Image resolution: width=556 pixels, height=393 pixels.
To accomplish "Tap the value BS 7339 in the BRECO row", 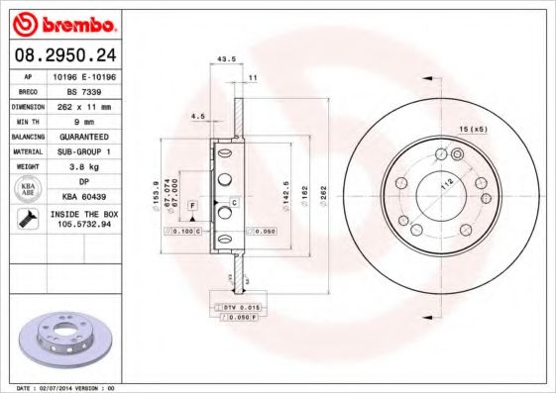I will pos(78,89).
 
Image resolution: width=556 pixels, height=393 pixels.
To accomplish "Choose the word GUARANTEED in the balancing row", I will pos(78,135).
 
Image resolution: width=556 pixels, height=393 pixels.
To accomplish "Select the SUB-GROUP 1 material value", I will pos(78,150).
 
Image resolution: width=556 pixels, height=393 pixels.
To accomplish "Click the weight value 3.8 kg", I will pos(78,166).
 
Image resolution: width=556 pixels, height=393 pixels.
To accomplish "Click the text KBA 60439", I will pos(78,196).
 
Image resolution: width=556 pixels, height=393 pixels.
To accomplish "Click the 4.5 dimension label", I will pos(198,117).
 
